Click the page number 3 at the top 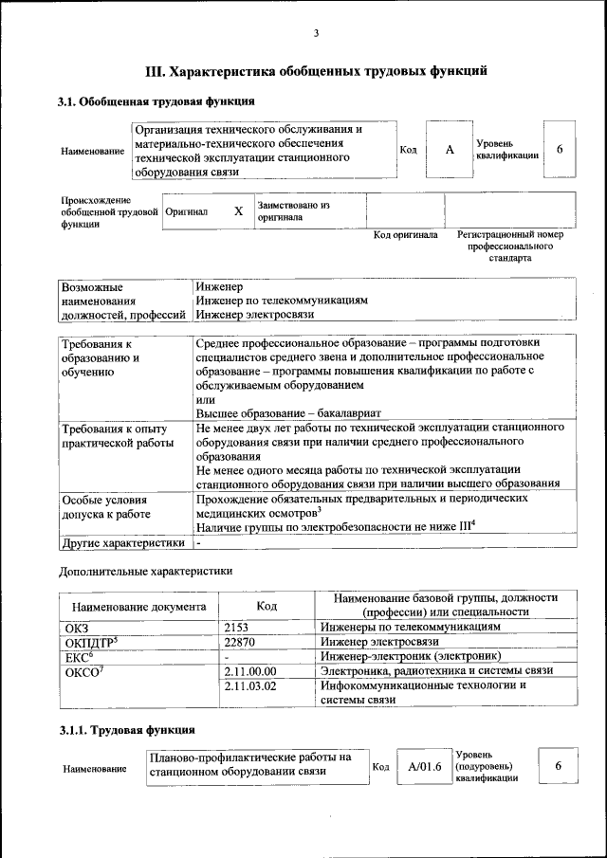pyautogui.click(x=316, y=34)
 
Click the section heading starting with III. pyautogui.click(x=316, y=70)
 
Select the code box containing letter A pyautogui.click(x=450, y=151)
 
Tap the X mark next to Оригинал pyautogui.click(x=238, y=211)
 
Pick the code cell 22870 pyautogui.click(x=241, y=642)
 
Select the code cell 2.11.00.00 pyautogui.click(x=251, y=670)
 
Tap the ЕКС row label pyautogui.click(x=78, y=656)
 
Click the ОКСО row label pyautogui.click(x=83, y=670)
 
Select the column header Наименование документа pyautogui.click(x=138, y=605)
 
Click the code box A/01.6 pyautogui.click(x=419, y=766)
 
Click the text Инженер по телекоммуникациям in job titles pyautogui.click(x=282, y=300)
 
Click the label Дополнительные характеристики pyautogui.click(x=145, y=571)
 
